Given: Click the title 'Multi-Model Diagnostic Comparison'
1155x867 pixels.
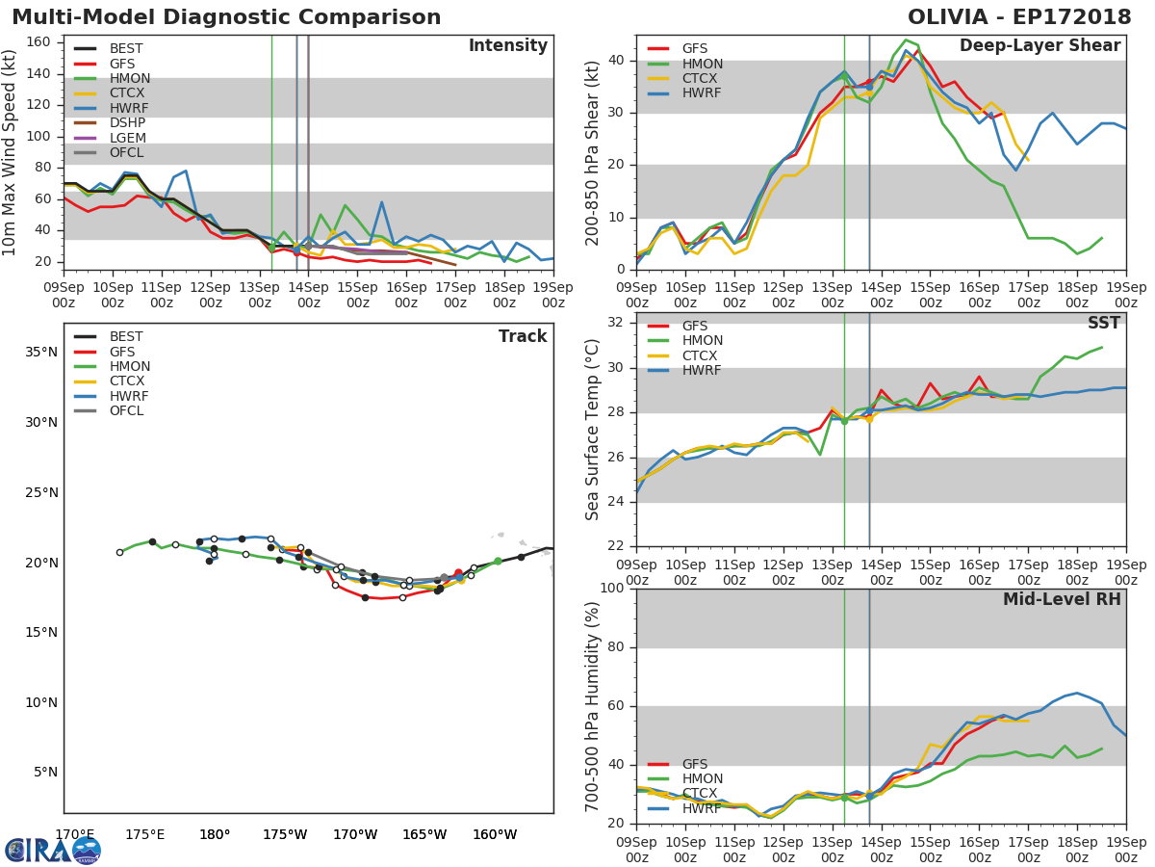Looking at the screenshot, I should pyautogui.click(x=226, y=17).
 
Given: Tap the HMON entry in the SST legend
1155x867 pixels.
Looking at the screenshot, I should pyautogui.click(x=702, y=341).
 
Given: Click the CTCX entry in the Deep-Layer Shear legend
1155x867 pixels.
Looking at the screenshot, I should pyautogui.click(x=702, y=79).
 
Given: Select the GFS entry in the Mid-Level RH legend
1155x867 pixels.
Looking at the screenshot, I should pyautogui.click(x=695, y=764).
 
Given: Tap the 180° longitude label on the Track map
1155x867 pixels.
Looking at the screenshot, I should pyautogui.click(x=214, y=835).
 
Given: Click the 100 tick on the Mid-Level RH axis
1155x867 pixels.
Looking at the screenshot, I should pyautogui.click(x=612, y=589).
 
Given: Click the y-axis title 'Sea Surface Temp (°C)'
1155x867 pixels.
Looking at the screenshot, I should pyautogui.click(x=593, y=430).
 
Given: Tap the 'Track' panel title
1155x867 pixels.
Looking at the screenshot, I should pyautogui.click(x=523, y=336).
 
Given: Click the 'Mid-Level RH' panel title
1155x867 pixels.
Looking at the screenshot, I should pyautogui.click(x=1062, y=599).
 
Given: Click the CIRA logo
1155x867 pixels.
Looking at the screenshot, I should pyautogui.click(x=52, y=850).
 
